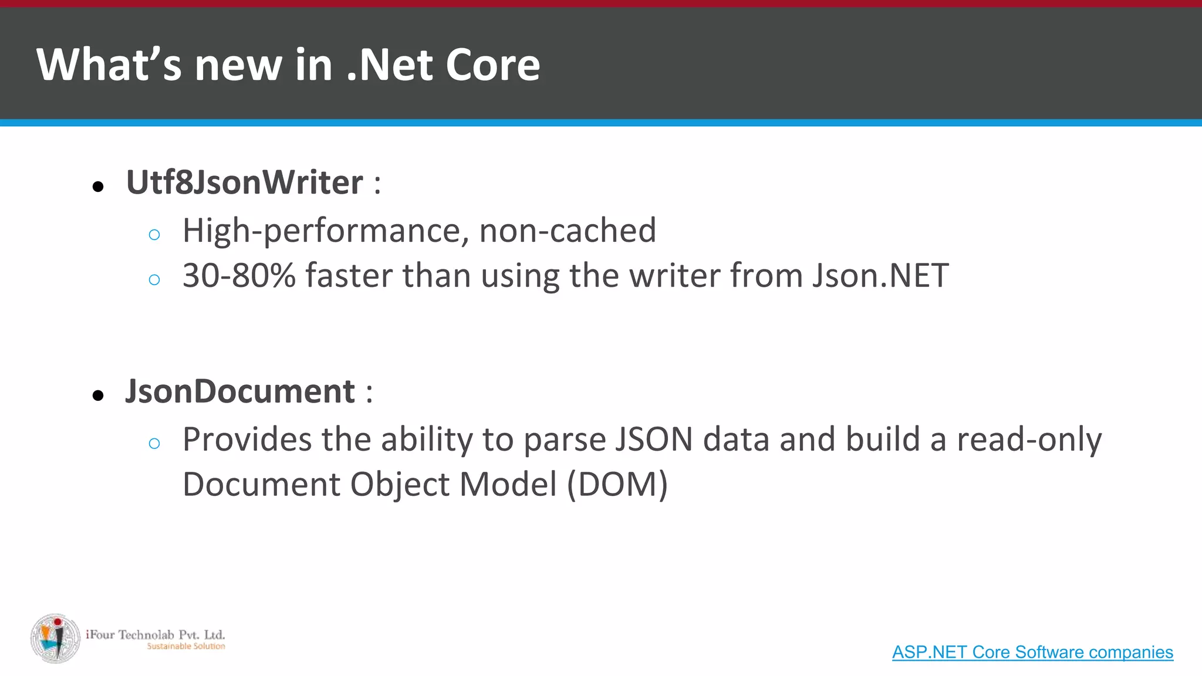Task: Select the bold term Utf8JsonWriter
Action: tap(244, 182)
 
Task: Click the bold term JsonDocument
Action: tap(240, 391)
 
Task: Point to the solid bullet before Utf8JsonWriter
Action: tap(98, 187)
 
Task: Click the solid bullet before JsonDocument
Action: tap(98, 396)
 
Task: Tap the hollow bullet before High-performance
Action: tap(154, 235)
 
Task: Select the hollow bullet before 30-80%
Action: tap(154, 280)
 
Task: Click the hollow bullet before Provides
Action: tap(154, 444)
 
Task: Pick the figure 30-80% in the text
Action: tap(239, 275)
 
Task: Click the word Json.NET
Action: tap(880, 275)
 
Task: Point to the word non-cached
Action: tap(568, 230)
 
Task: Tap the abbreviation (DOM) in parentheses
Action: tap(617, 485)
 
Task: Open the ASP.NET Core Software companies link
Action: tap(1032, 652)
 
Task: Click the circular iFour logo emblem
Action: tap(56, 638)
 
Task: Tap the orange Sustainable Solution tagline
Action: tap(185, 646)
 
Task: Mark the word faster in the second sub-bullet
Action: tap(349, 275)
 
